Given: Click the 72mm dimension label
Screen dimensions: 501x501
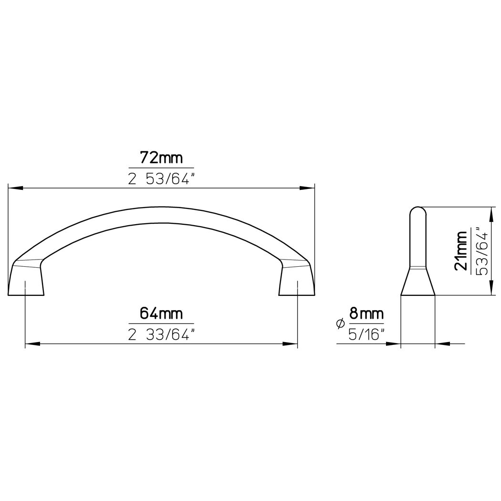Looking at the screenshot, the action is point(161,158).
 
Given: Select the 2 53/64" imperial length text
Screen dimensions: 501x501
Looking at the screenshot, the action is point(161,179).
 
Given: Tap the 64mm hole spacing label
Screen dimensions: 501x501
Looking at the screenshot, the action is point(161,313).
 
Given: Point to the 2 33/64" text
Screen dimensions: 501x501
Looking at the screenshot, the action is point(161,335).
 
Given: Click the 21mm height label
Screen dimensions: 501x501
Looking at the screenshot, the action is point(461,251).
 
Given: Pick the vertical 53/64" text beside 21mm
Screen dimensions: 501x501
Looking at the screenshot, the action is point(482,251).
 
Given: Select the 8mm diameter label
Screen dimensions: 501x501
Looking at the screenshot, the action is point(366,313).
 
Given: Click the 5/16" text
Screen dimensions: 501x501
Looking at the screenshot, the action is point(366,335).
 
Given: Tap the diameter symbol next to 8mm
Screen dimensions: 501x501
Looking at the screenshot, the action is point(341,324).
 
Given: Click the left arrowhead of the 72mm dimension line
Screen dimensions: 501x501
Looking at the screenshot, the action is point(15,188).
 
